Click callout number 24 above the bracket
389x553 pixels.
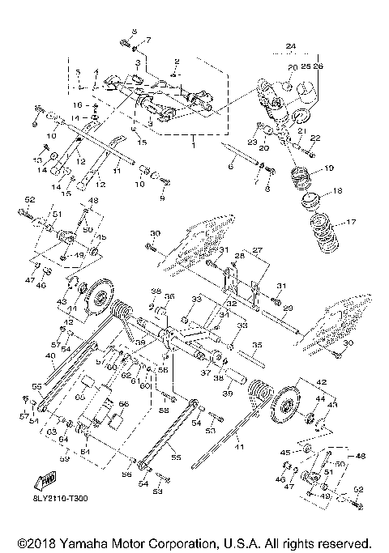tap(292, 47)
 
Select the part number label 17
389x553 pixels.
tap(350, 221)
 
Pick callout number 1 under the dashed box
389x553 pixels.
tap(193, 145)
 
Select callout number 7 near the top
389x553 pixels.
tap(147, 40)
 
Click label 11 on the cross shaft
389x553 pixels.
tap(117, 171)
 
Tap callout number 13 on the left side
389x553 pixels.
tap(37, 161)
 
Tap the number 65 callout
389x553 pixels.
tap(79, 399)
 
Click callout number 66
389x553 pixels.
tap(123, 402)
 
